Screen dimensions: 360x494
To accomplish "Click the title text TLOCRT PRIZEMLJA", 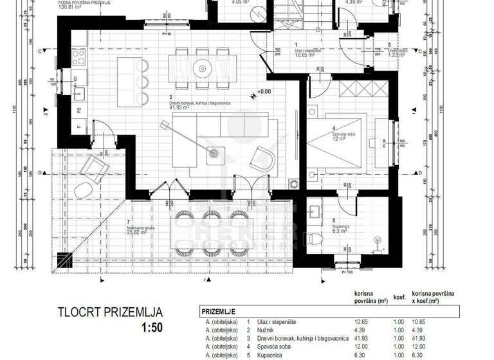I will tap(110, 313).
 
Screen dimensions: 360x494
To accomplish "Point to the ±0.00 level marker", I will tap(264, 92).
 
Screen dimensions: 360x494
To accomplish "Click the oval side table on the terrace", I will tap(82, 191).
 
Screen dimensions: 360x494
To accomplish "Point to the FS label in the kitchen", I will tap(78, 111).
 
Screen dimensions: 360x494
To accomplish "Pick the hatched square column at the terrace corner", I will tap(62, 260).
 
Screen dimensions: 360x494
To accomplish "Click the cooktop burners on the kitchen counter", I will tap(80, 58).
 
